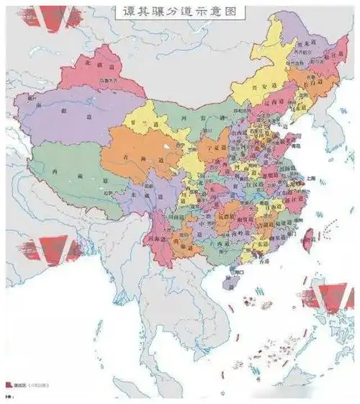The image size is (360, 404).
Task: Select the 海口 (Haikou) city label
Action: [238, 274]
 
